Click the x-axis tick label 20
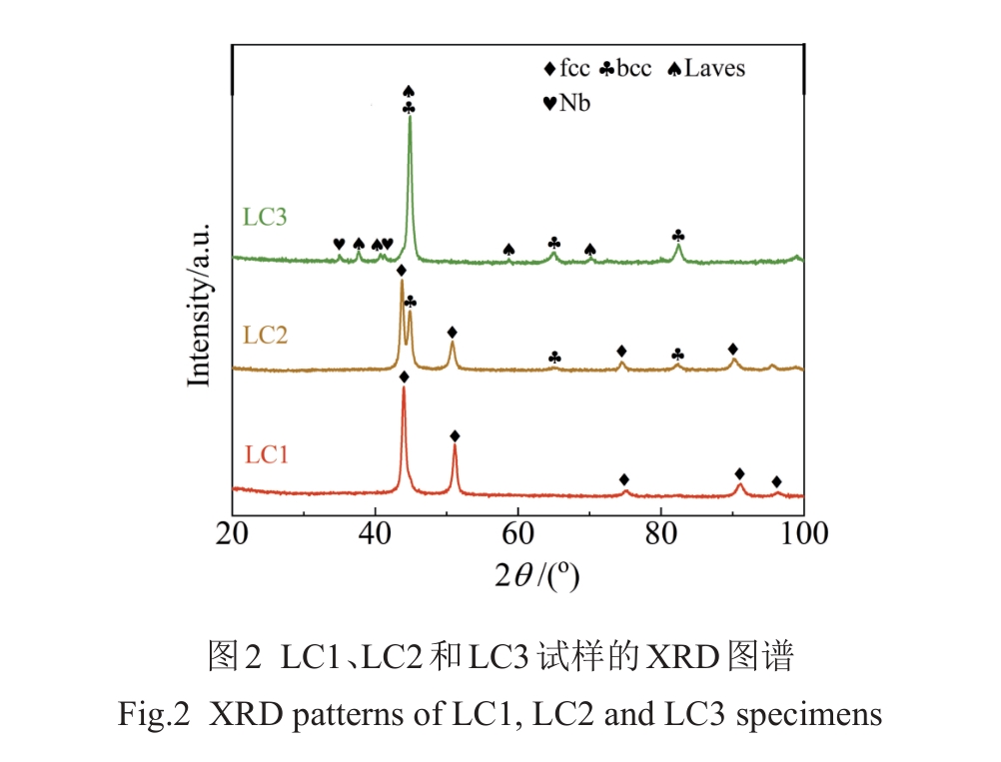232,533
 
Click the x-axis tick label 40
375,533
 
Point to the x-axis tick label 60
517,533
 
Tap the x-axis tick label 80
660,533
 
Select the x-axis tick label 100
802,533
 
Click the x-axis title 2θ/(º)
537,576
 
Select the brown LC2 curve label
265,335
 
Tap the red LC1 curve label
266,454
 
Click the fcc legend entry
566,69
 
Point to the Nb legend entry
565,102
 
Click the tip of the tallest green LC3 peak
410,118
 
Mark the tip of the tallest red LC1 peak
404,388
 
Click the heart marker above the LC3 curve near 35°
339,244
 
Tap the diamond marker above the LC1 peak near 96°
776,481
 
